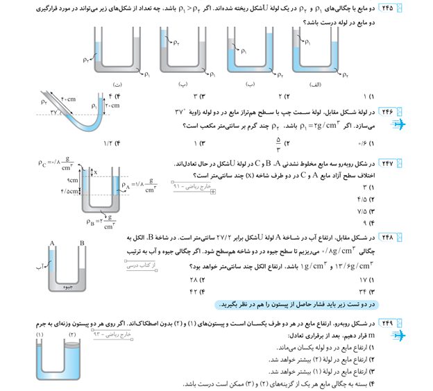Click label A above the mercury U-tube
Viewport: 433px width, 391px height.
(x=52, y=243)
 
